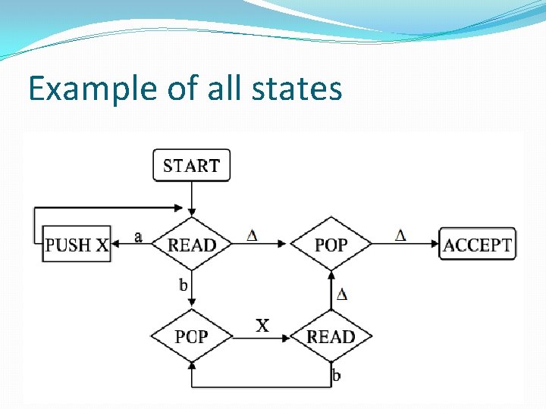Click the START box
pyautogui.click(x=191, y=165)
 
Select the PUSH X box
pyautogui.click(x=77, y=245)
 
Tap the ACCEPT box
pyautogui.click(x=477, y=245)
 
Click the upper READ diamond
pyautogui.click(x=192, y=244)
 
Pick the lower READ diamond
pyautogui.click(x=331, y=336)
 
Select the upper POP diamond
pyautogui.click(x=331, y=244)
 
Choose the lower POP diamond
pyautogui.click(x=192, y=336)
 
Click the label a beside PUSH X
pyautogui.click(x=138, y=237)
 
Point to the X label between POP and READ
pyautogui.click(x=262, y=326)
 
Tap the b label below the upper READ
pyautogui.click(x=183, y=285)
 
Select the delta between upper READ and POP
pyautogui.click(x=252, y=236)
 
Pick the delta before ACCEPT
pyautogui.click(x=400, y=236)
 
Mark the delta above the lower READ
pyautogui.click(x=342, y=294)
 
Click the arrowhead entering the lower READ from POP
pyautogui.click(x=285, y=337)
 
